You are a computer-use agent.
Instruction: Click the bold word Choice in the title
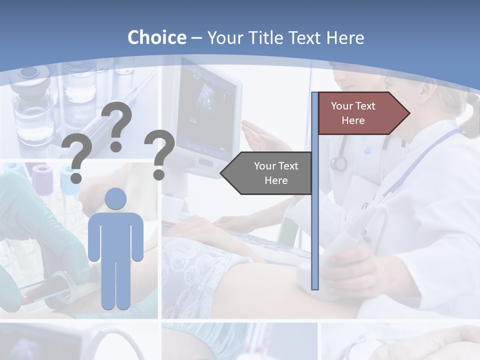(x=156, y=37)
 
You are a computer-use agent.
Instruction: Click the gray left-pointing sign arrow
(x=267, y=173)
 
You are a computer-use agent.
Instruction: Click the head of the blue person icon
(x=115, y=198)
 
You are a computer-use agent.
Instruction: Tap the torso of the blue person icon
(x=115, y=235)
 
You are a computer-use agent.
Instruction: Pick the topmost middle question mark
(x=118, y=125)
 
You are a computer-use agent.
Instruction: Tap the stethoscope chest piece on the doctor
(x=338, y=163)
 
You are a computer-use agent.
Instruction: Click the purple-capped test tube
(x=42, y=180)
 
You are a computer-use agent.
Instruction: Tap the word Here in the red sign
(x=353, y=120)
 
